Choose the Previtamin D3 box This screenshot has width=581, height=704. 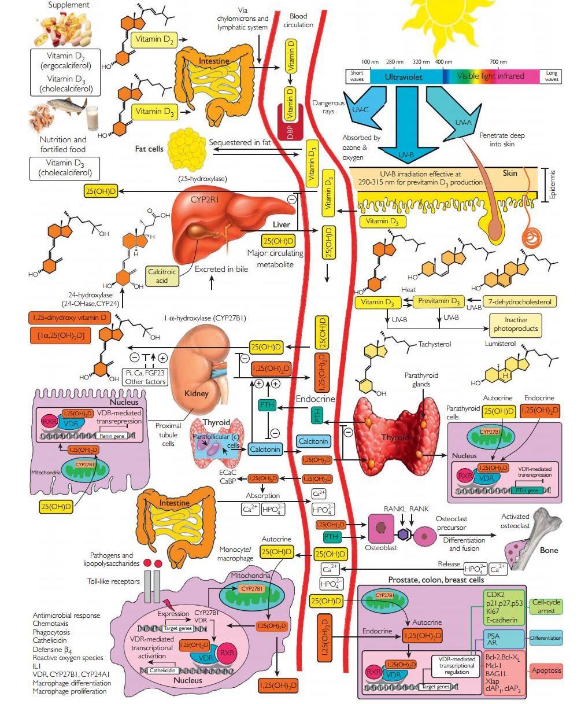point(439,301)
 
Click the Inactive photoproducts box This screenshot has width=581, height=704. point(516,324)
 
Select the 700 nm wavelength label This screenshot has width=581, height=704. point(498,61)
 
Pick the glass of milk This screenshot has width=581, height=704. point(91,119)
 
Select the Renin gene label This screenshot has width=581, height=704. point(114,436)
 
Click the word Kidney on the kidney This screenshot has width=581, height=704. point(196,393)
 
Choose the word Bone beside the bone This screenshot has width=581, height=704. point(549,550)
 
